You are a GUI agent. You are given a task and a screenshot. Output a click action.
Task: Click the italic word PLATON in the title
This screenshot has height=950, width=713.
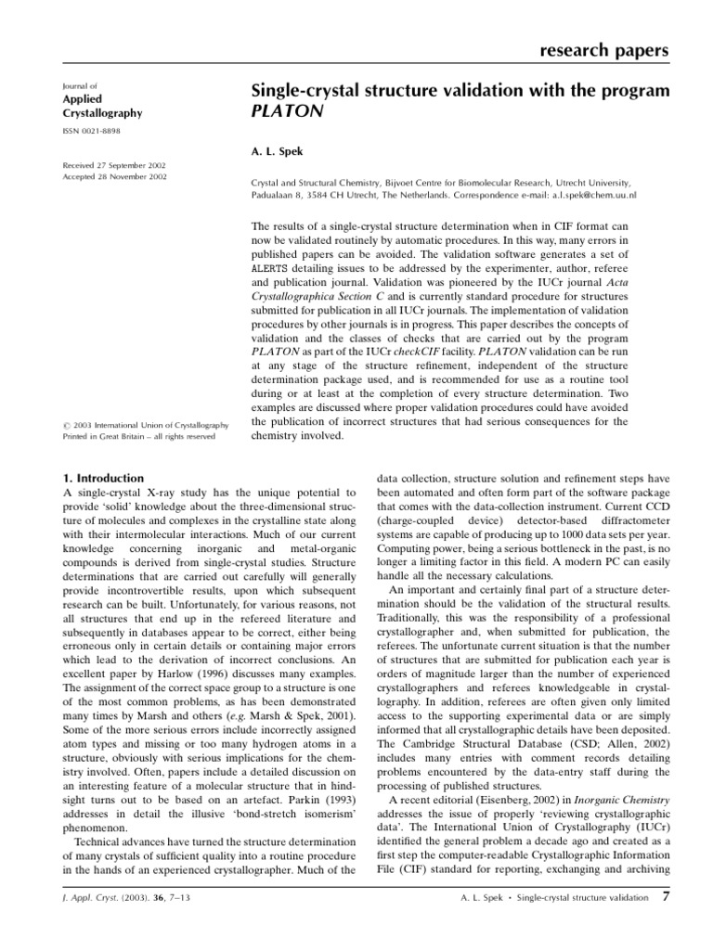pyautogui.click(x=284, y=112)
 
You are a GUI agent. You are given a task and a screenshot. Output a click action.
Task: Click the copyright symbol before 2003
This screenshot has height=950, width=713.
pyautogui.click(x=65, y=425)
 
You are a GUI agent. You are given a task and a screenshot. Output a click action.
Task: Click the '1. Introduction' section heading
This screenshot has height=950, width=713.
pyautogui.click(x=102, y=478)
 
